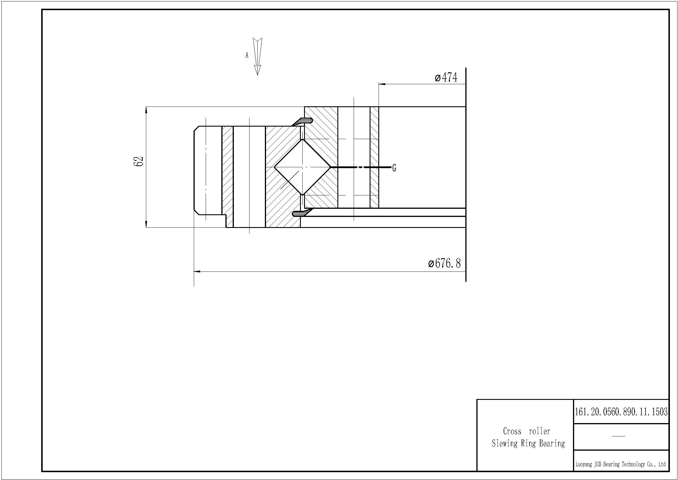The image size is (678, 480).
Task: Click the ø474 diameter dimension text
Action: [446, 78]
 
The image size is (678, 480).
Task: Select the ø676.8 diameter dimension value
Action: [444, 263]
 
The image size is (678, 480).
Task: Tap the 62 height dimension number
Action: [138, 161]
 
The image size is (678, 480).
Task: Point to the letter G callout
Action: [394, 168]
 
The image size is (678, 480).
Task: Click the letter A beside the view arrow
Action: [247, 55]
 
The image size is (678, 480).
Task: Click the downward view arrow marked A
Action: [258, 56]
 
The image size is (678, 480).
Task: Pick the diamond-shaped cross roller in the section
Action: [302, 167]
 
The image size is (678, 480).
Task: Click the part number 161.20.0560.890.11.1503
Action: [621, 411]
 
